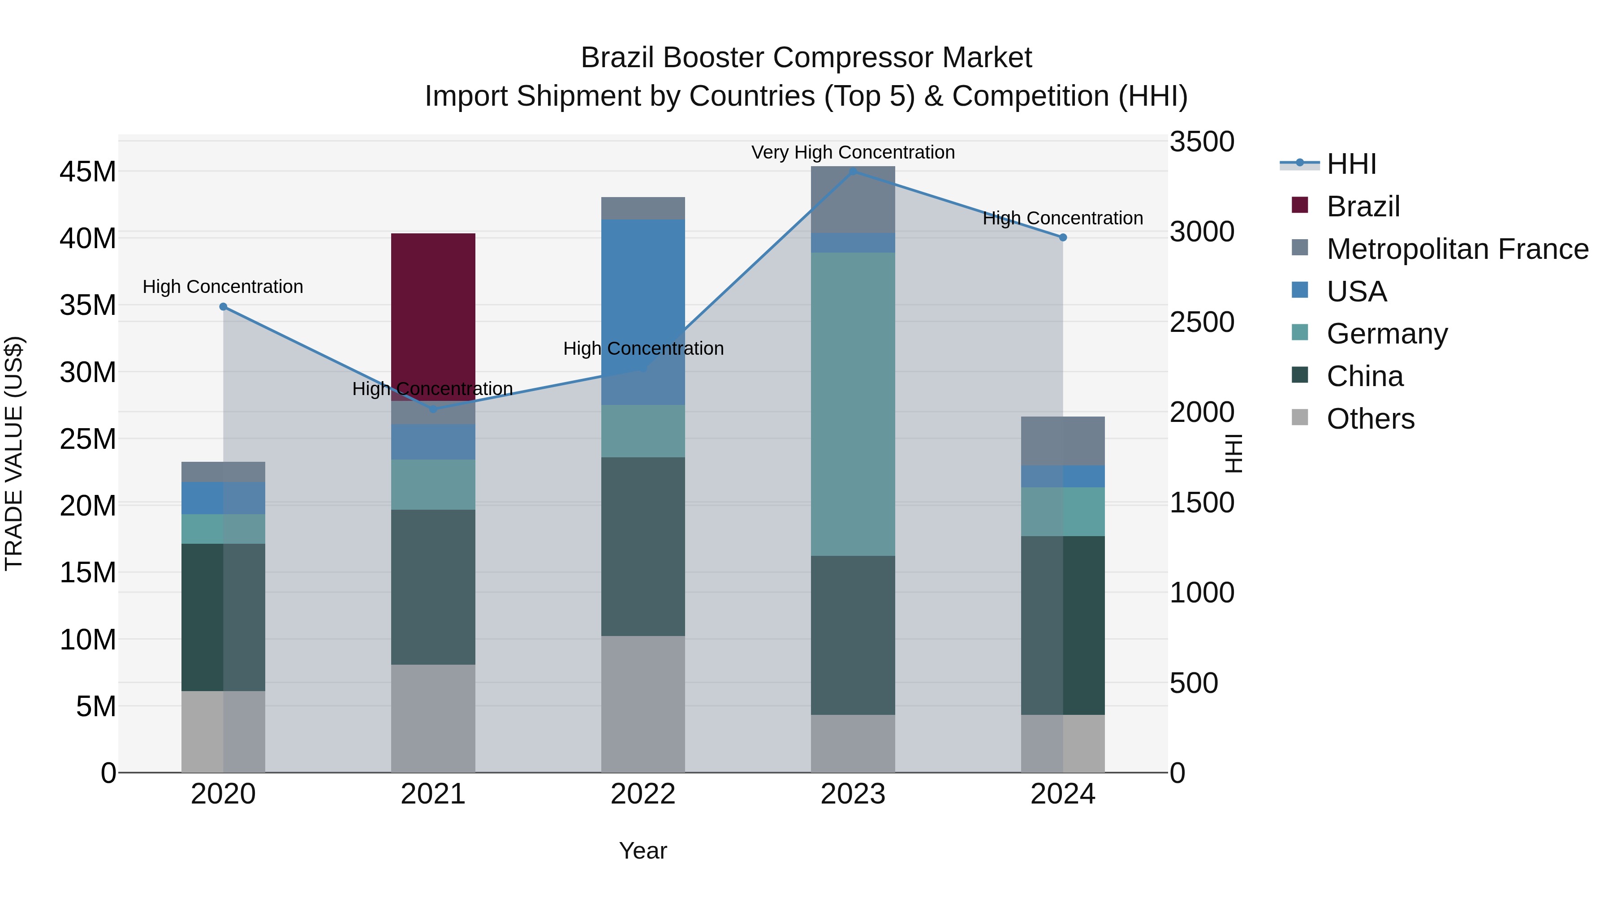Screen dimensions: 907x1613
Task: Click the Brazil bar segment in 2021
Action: pos(433,316)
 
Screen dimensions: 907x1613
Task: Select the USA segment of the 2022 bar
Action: pos(643,312)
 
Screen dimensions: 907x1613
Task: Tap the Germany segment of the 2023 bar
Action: pos(852,404)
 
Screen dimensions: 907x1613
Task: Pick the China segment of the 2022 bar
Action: pos(643,546)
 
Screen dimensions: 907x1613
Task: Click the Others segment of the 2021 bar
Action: pos(433,718)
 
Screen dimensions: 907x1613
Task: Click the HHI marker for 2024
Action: pos(1063,238)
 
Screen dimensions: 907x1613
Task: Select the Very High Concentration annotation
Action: pos(852,152)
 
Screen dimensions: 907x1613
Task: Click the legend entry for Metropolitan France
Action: pos(1457,249)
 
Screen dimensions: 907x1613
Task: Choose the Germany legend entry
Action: pos(1387,334)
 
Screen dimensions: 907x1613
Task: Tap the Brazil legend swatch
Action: pos(1300,205)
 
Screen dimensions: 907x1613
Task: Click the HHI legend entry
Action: pos(1351,164)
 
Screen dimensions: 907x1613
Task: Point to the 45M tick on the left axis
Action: pos(88,172)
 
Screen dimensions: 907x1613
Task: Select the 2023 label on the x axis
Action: pos(852,794)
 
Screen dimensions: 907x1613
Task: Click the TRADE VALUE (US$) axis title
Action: pos(14,453)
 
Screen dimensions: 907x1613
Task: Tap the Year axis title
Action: pos(643,851)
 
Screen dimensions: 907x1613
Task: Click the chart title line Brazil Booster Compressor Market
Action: pos(806,58)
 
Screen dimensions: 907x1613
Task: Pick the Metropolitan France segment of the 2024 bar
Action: pos(1063,441)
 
